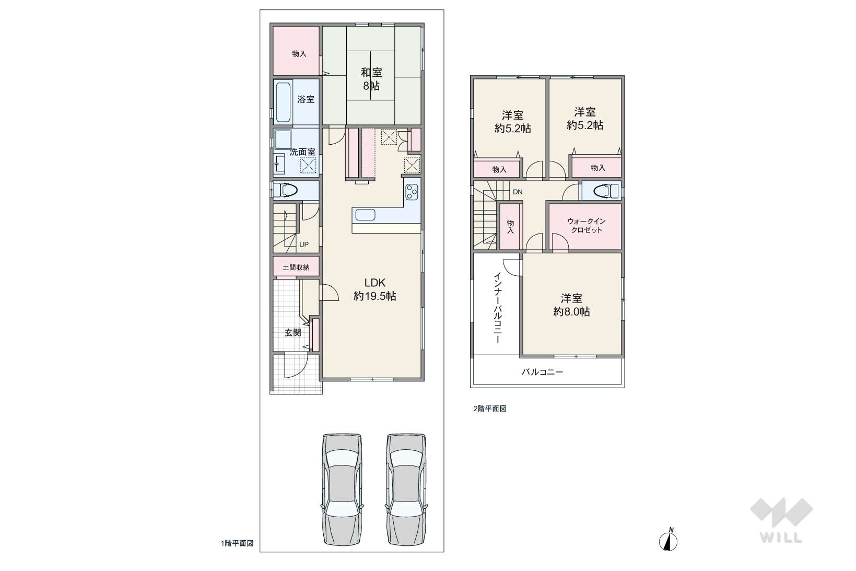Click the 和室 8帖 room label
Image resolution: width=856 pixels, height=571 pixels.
click(x=371, y=79)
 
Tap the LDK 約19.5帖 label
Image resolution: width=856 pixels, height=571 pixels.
click(x=374, y=289)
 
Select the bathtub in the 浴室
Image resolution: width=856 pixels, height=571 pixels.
click(x=283, y=102)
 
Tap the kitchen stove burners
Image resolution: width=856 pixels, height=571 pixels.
click(x=412, y=192)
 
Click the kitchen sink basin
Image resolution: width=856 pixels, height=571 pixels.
click(x=365, y=215)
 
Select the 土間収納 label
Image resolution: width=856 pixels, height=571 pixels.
click(x=296, y=267)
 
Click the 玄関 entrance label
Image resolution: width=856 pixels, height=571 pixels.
click(x=292, y=332)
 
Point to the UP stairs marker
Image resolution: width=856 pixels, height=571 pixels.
click(x=304, y=244)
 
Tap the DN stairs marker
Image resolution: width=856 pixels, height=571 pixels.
click(x=518, y=192)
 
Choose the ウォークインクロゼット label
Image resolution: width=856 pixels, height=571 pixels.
click(x=586, y=226)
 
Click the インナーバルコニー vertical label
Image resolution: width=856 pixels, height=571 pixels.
click(x=498, y=307)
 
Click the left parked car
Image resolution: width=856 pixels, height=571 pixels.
click(x=342, y=489)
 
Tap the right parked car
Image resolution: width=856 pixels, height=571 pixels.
click(x=406, y=489)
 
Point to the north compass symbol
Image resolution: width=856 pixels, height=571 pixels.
click(x=669, y=540)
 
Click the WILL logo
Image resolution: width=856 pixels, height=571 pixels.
click(x=781, y=520)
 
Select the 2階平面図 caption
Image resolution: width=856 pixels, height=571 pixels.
click(x=489, y=409)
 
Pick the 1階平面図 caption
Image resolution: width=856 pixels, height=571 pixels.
click(x=237, y=543)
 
